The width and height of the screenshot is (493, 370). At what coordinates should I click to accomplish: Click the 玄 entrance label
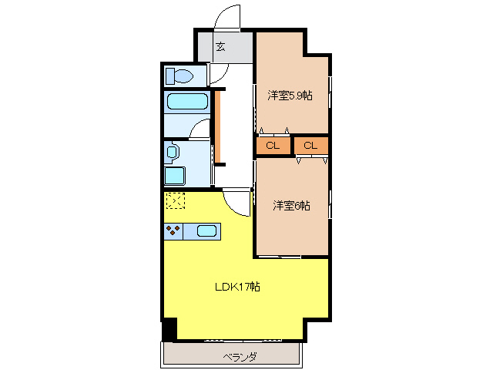220,48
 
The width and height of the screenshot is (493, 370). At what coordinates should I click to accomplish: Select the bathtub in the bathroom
186,102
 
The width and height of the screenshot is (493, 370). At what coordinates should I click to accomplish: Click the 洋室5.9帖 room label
290,96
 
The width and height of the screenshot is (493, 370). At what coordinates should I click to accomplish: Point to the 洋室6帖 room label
291,206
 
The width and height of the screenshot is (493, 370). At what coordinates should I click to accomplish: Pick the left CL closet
273,146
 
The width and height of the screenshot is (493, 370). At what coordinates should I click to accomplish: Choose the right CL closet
310,146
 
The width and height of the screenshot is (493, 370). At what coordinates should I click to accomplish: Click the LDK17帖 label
236,287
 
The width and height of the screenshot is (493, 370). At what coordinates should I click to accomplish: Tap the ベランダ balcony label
240,357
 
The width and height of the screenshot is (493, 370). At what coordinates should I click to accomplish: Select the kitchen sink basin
206,230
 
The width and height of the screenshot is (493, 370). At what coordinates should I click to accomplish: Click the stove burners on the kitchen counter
173,230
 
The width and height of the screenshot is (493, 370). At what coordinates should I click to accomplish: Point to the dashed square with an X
175,201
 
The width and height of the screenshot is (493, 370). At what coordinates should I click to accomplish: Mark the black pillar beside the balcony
169,328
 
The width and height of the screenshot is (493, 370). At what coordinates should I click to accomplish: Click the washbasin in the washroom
171,152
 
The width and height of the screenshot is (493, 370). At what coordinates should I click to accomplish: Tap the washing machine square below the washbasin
174,175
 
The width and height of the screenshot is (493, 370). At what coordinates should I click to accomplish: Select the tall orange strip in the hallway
218,127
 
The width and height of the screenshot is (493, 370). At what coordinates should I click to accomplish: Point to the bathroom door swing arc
200,129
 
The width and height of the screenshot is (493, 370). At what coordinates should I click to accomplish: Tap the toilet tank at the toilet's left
170,76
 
